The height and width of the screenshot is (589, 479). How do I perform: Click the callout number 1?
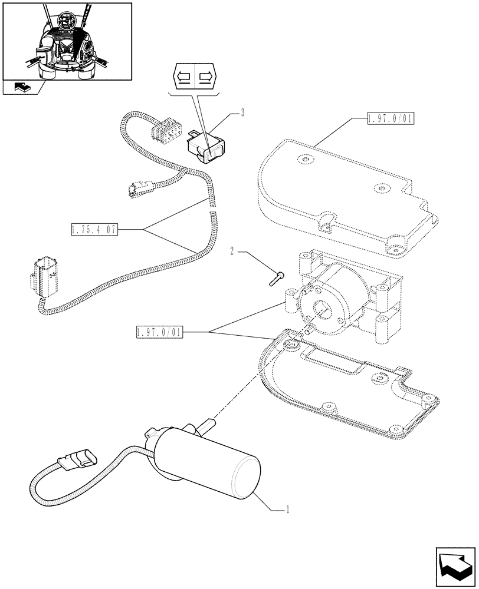[x=287, y=509]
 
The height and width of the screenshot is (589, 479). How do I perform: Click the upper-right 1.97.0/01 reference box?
[x=390, y=119]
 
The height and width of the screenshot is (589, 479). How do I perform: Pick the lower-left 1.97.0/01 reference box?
[x=159, y=333]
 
